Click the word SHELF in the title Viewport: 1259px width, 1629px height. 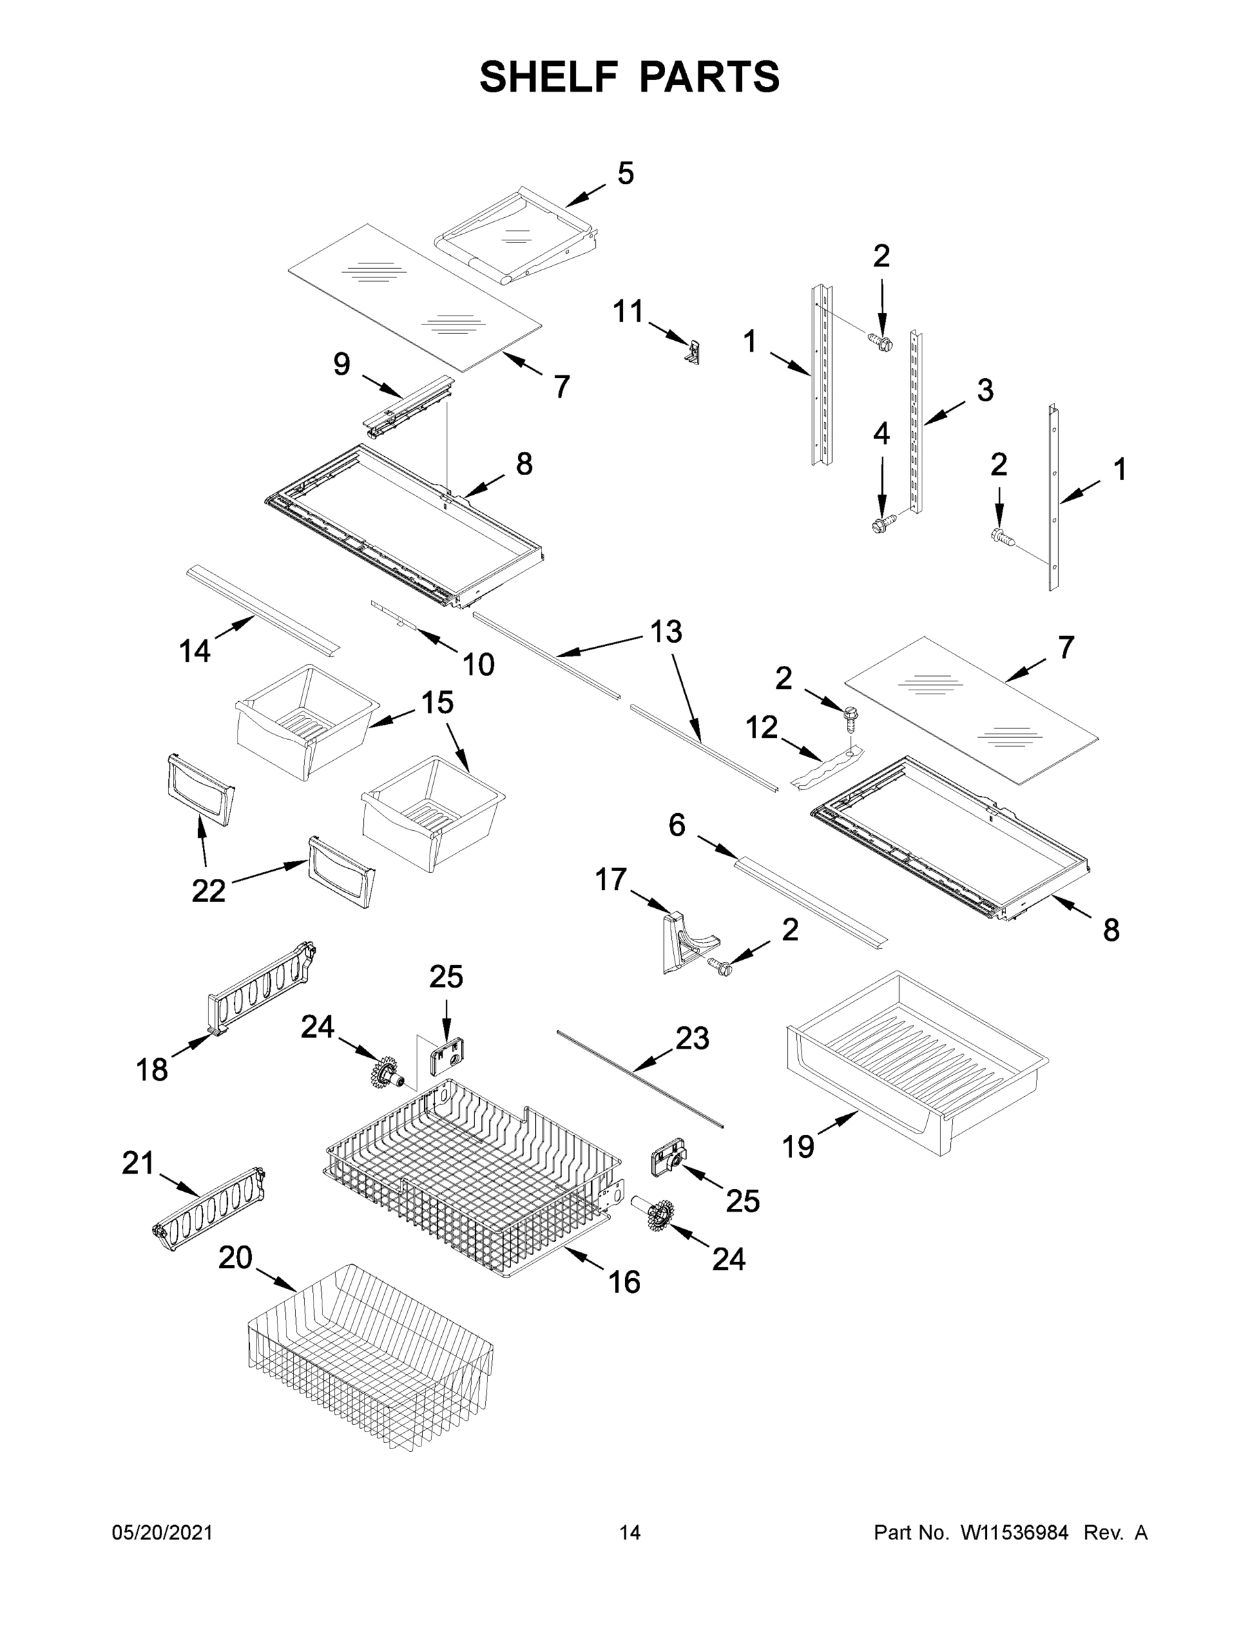click(549, 77)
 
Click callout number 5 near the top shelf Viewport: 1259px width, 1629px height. click(625, 173)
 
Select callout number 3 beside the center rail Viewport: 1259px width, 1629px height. click(985, 390)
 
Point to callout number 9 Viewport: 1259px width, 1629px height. click(341, 364)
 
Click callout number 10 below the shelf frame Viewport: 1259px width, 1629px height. click(478, 664)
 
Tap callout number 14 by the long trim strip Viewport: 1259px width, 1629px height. click(195, 651)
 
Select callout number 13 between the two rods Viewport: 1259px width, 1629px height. click(665, 632)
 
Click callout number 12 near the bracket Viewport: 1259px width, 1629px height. click(762, 727)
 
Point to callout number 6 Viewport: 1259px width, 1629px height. click(677, 825)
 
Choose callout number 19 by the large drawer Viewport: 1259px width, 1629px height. click(797, 1146)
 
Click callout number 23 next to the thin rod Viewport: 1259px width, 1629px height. click(692, 1038)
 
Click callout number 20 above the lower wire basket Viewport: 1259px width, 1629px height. click(236, 1258)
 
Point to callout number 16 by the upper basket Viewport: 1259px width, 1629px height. click(624, 1282)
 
